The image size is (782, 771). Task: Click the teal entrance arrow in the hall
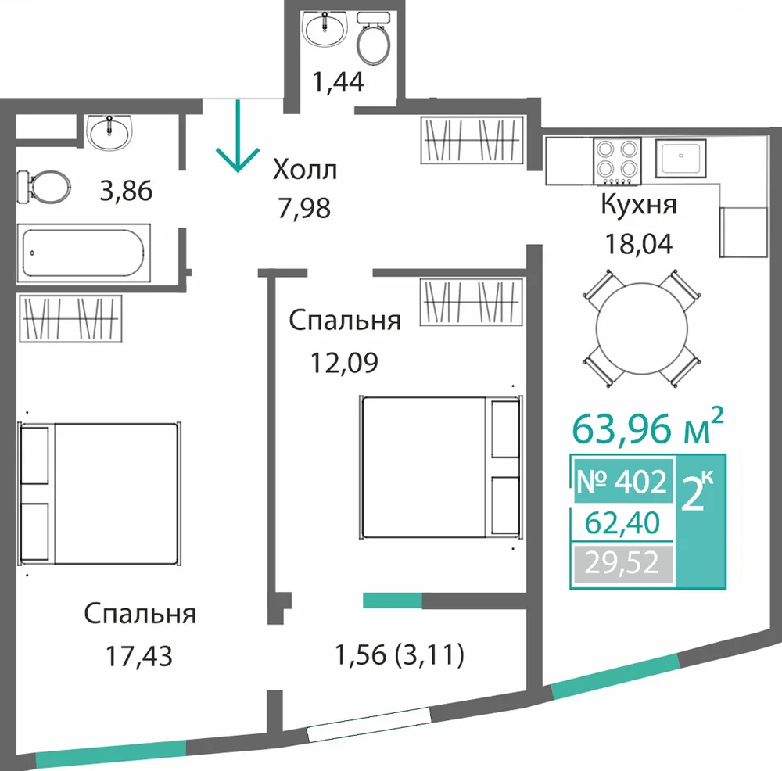tap(238, 135)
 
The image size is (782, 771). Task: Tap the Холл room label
tap(305, 170)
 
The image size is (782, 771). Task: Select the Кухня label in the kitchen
tap(638, 205)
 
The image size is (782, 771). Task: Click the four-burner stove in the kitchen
tap(618, 161)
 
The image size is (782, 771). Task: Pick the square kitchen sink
tap(681, 159)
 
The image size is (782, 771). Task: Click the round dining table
tap(641, 328)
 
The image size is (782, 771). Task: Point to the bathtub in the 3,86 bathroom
tap(84, 253)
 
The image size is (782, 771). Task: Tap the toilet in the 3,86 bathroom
tap(44, 187)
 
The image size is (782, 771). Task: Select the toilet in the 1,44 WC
tap(374, 38)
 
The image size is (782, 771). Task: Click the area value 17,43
tap(139, 656)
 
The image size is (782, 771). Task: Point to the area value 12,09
tap(344, 363)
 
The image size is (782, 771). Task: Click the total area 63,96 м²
tap(647, 427)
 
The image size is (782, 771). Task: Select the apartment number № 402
tap(622, 482)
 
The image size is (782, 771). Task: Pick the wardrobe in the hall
tap(472, 140)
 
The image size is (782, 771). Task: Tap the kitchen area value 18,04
tap(638, 244)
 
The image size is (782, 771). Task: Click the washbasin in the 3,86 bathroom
tap(110, 132)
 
